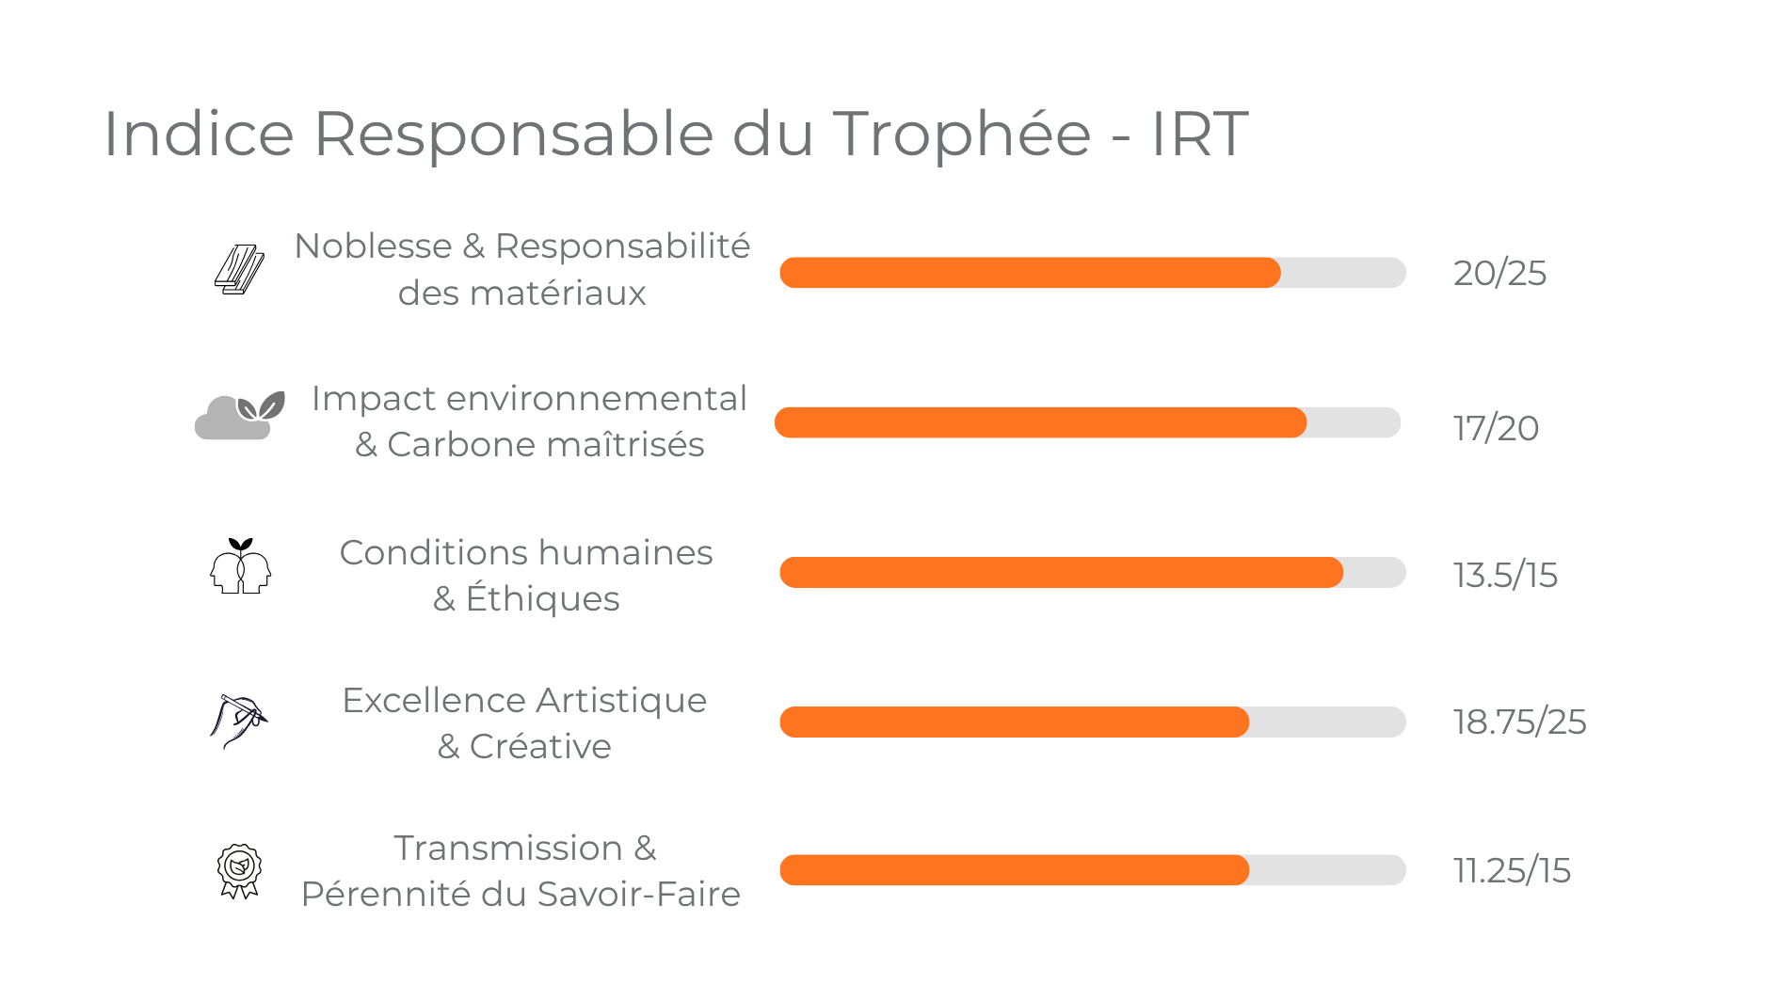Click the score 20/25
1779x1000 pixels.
pos(1499,274)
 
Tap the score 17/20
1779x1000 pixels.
pos(1496,429)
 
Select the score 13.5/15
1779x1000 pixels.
pos(1505,576)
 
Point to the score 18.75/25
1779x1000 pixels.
pos(1519,722)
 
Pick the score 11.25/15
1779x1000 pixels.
pos(1512,871)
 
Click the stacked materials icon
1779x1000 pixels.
pos(239,270)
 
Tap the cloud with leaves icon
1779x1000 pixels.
pos(239,416)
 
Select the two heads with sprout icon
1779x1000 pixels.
pos(240,566)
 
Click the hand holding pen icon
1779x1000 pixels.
pos(238,721)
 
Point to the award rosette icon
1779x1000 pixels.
pos(239,870)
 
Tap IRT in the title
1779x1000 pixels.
pos(1199,134)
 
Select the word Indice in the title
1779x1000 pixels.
pos(199,134)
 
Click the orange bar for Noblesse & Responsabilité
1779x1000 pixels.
pos(1030,273)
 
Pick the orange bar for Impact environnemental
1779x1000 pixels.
pos(1040,422)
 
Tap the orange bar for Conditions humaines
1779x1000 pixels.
pos(1061,572)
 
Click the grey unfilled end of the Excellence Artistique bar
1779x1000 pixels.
pos(1327,722)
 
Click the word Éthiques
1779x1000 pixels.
pos(542,599)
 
